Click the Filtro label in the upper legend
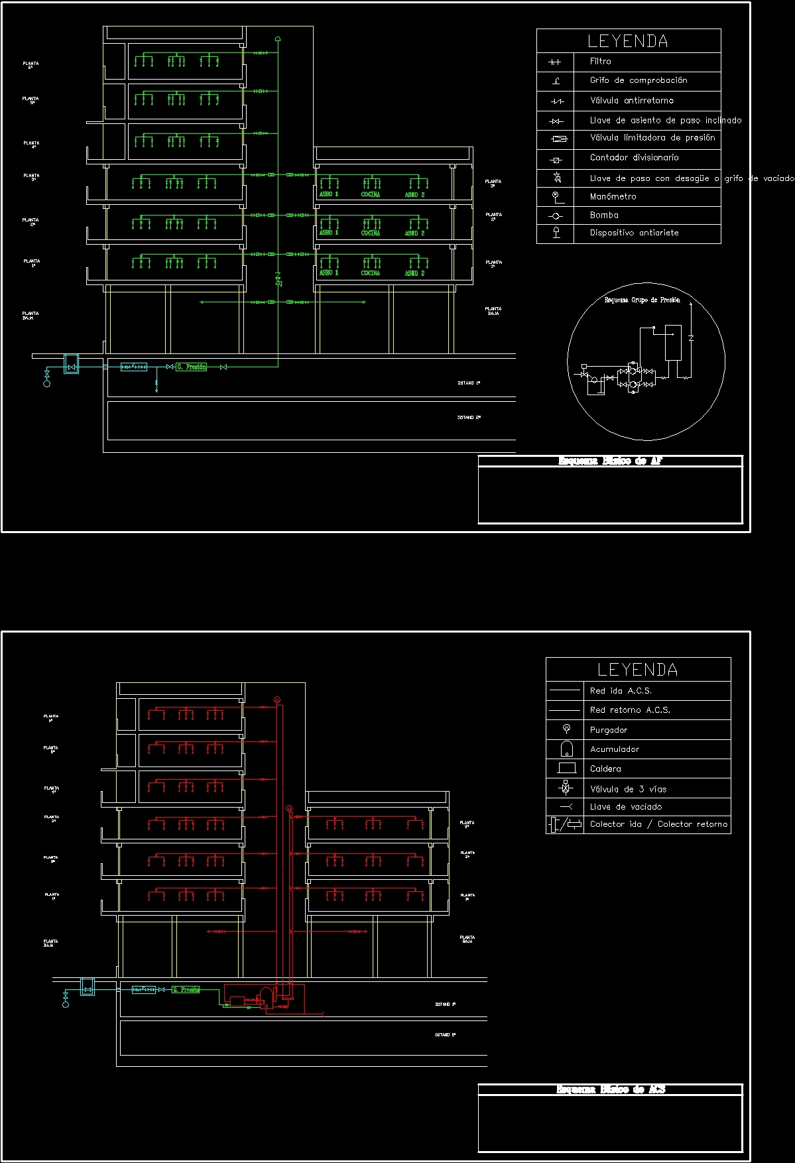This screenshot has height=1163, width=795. pos(600,61)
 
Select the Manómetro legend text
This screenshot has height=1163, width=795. pos(613,196)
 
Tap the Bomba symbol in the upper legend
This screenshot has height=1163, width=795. pos(556,215)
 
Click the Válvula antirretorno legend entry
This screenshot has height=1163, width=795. pos(631,100)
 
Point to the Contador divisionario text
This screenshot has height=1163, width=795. pos(634,157)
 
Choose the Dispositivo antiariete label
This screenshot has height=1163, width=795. pos(634,233)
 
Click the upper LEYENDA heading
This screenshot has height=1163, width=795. pos(627,41)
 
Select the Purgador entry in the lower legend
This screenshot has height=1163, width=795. pos(608,730)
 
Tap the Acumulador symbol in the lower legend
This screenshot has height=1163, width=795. pos(566,749)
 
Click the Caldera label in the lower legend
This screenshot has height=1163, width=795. pos(605,768)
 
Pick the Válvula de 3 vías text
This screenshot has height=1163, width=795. pos(628,789)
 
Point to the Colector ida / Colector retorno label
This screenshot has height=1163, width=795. pos(658,824)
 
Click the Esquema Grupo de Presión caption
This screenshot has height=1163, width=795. pos(642,300)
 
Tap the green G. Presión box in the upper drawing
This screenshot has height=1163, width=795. pos(191,367)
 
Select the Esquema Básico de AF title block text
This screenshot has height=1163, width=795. pos(610,461)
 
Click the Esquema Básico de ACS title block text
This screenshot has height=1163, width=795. pos(610,1089)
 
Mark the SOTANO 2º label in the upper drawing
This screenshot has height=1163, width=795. pos(469,418)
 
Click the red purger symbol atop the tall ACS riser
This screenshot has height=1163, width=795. pos(277,700)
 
